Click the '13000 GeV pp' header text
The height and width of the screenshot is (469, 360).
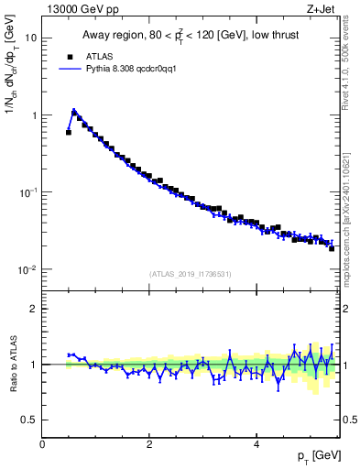[77, 8]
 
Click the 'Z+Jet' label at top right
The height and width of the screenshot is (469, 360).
[322, 8]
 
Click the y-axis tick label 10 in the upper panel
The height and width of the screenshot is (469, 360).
[31, 38]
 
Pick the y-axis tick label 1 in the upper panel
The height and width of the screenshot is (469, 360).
[34, 115]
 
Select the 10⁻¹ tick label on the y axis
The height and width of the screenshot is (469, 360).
[29, 192]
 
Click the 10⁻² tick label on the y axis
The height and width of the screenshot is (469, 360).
[29, 269]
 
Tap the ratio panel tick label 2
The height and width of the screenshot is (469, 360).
[34, 309]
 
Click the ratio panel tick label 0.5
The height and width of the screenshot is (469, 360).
[29, 420]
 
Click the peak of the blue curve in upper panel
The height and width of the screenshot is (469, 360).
[74, 111]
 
